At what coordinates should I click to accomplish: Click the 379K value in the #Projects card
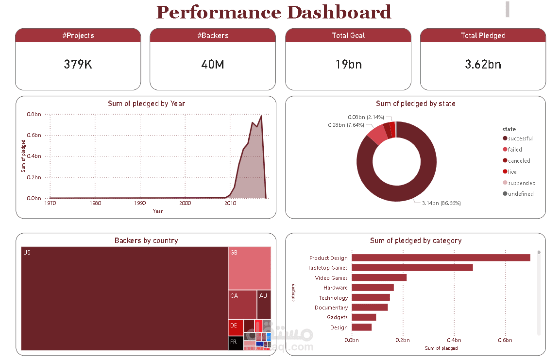tap(78, 64)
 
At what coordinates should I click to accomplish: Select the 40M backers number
tap(213, 64)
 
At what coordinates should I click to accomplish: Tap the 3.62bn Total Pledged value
tap(483, 64)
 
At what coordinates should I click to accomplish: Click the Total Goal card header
tap(348, 35)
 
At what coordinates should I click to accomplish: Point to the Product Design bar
tap(441, 257)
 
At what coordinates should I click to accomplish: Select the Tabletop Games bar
tap(412, 268)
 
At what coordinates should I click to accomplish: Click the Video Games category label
tap(331, 278)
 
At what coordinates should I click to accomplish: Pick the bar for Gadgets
tap(363, 317)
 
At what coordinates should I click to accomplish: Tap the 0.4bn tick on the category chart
tap(454, 340)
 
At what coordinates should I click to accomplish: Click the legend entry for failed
tap(515, 150)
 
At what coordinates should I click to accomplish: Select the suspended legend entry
tap(522, 183)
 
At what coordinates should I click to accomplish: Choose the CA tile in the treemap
tap(242, 305)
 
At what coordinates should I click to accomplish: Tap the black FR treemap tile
tap(236, 343)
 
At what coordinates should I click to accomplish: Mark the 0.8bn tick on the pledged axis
tap(34, 114)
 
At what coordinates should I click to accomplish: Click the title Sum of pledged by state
tap(415, 103)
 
